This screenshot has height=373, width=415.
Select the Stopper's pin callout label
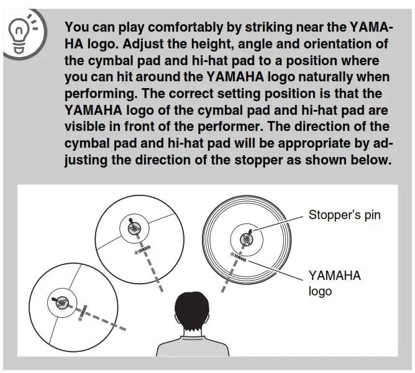[344, 216]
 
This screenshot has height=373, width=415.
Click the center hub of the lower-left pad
[60, 302]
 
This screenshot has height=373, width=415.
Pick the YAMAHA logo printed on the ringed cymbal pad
[239, 257]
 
